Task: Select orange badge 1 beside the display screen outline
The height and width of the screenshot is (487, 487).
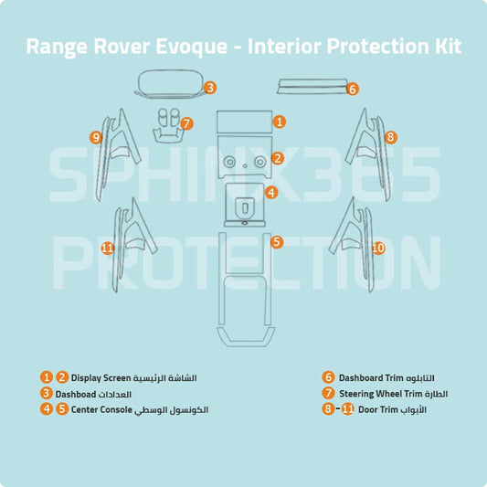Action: click(x=280, y=121)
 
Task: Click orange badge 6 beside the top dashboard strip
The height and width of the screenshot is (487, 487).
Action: click(x=352, y=89)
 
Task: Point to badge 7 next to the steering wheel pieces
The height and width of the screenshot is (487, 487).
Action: click(x=186, y=122)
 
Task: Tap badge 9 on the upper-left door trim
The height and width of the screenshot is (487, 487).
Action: click(x=96, y=137)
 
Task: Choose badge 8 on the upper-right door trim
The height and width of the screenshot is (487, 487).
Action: click(x=390, y=137)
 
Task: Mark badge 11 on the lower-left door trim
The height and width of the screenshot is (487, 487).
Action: click(x=107, y=248)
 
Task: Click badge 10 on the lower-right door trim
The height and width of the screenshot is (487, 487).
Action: click(x=378, y=248)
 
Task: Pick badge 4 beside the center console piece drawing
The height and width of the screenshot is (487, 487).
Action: click(x=271, y=193)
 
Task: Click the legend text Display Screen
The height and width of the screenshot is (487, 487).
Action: click(x=101, y=377)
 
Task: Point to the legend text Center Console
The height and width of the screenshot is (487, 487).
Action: click(x=101, y=409)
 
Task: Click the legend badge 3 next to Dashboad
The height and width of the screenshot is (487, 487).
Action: click(x=46, y=393)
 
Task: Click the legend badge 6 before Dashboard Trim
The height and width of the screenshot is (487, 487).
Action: click(x=328, y=377)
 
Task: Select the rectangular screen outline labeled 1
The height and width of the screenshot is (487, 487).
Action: click(x=243, y=122)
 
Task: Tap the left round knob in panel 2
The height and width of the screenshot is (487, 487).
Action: click(x=229, y=162)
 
